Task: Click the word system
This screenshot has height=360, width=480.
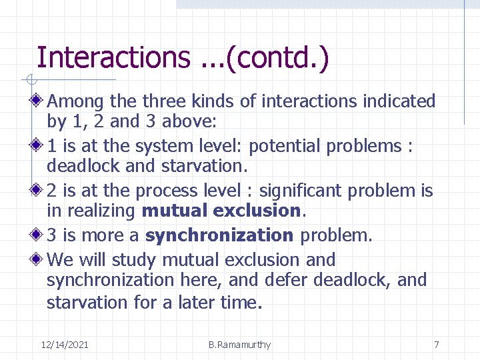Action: point(157,146)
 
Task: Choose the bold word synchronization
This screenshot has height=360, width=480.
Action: point(219,235)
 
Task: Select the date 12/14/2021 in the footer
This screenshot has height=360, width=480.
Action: point(65,345)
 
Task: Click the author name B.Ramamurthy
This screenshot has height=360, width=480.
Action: point(239,345)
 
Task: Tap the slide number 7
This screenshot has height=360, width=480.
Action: point(436,345)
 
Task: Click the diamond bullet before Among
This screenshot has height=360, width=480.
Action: point(39,101)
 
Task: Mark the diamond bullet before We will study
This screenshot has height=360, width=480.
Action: point(39,259)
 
